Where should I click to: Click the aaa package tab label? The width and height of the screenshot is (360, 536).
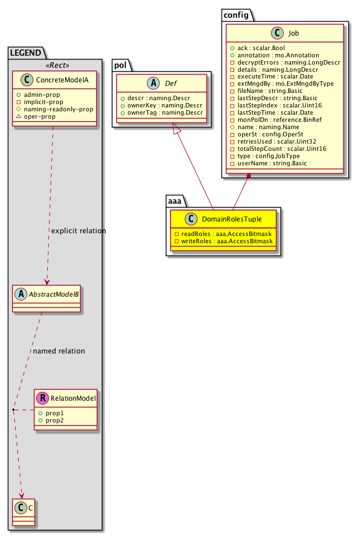(x=177, y=200)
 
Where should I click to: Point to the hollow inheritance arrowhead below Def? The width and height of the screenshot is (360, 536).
(x=177, y=129)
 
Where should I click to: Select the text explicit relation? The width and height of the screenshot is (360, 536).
(x=78, y=230)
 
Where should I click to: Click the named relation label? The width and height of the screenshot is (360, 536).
(x=59, y=351)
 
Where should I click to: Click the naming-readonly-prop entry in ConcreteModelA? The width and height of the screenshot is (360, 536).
(x=55, y=109)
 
